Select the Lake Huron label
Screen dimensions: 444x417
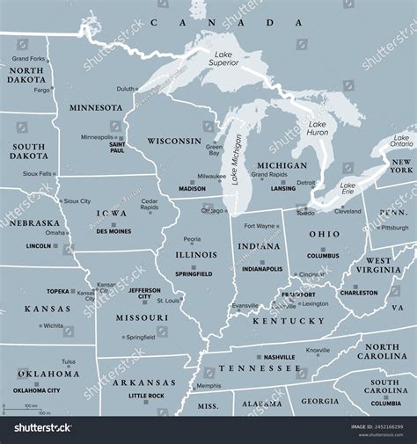pyautogui.click(x=318, y=127)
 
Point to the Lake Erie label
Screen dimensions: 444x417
pyautogui.click(x=347, y=189)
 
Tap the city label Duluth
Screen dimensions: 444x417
pyautogui.click(x=126, y=89)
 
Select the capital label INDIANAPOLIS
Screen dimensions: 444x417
pyautogui.click(x=262, y=269)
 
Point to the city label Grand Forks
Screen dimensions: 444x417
pyautogui.click(x=29, y=59)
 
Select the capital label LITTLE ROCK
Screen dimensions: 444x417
pyautogui.click(x=146, y=396)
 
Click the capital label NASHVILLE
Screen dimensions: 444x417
pyautogui.click(x=279, y=357)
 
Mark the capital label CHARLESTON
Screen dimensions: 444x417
pyautogui.click(x=359, y=293)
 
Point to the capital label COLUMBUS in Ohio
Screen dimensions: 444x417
pyautogui.click(x=323, y=256)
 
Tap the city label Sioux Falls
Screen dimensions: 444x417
pyautogui.click(x=36, y=174)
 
